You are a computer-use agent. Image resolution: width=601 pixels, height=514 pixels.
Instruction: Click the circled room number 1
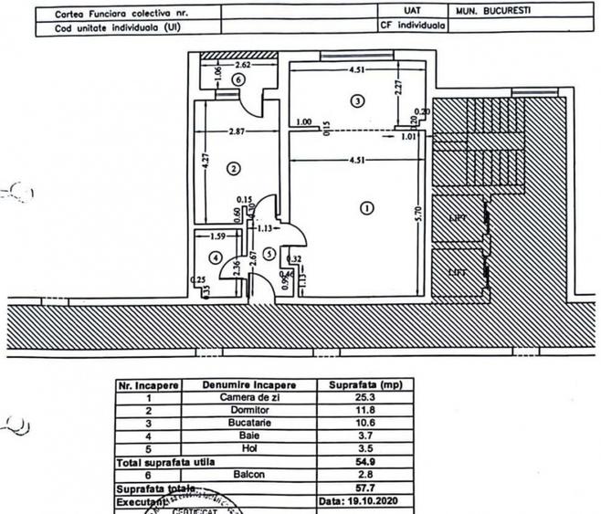click(x=367, y=207)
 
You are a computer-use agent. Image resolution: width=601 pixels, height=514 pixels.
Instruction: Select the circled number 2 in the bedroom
click(x=234, y=168)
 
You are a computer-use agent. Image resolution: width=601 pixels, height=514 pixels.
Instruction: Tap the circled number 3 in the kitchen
click(x=357, y=100)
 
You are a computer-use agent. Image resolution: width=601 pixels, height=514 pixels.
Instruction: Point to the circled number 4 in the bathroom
click(x=215, y=257)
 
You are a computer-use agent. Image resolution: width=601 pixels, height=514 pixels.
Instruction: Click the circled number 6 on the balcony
click(x=237, y=80)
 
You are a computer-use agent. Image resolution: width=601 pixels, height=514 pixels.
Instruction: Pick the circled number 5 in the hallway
click(x=269, y=253)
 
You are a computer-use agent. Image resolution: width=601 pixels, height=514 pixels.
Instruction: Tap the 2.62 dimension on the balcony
click(x=243, y=65)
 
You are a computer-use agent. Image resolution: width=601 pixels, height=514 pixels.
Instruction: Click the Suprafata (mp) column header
click(x=364, y=385)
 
